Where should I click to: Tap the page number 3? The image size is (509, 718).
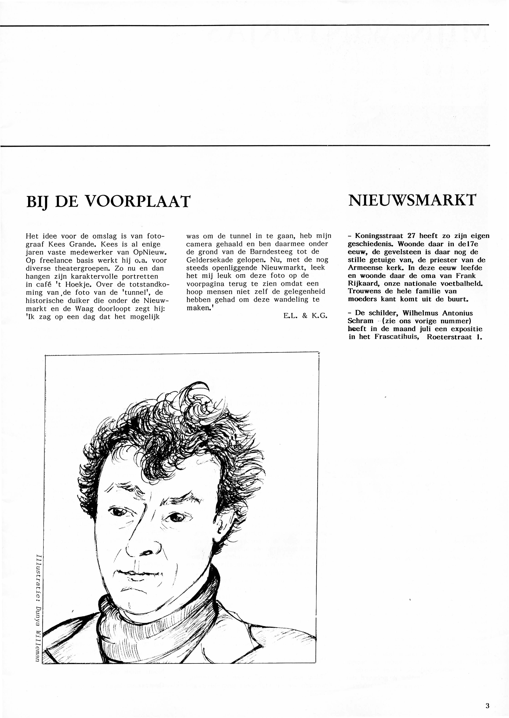pyautogui.click(x=487, y=697)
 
